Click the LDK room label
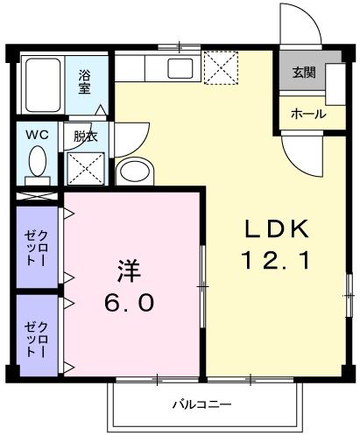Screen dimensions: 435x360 (276, 229)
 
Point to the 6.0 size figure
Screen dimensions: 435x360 (131, 302)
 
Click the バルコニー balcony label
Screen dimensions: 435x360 (201, 405)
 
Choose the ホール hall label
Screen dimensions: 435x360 (307, 114)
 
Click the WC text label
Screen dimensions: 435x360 (37, 135)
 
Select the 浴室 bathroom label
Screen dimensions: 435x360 (86, 81)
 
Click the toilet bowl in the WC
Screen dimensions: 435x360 (38, 162)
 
